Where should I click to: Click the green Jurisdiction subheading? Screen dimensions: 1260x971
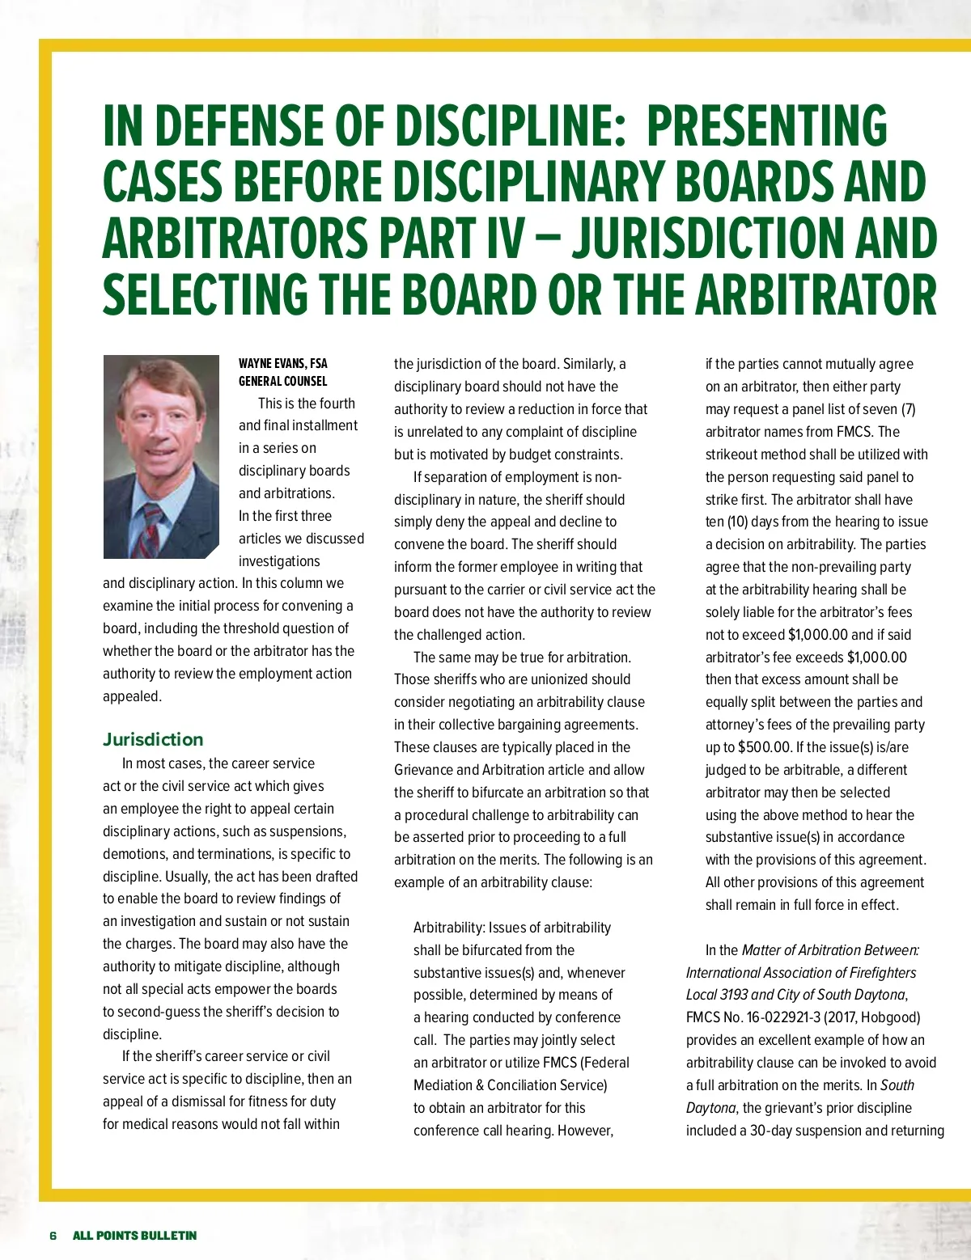(x=153, y=739)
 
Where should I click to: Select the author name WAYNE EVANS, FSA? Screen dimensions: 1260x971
(x=282, y=363)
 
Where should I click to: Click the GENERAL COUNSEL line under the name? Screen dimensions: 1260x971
(x=282, y=381)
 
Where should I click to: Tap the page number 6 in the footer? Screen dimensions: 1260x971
(x=53, y=1235)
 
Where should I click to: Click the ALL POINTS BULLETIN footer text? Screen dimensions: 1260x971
(x=134, y=1235)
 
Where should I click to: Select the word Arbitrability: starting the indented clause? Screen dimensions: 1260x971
(x=449, y=928)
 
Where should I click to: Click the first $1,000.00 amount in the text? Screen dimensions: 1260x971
(x=818, y=635)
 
